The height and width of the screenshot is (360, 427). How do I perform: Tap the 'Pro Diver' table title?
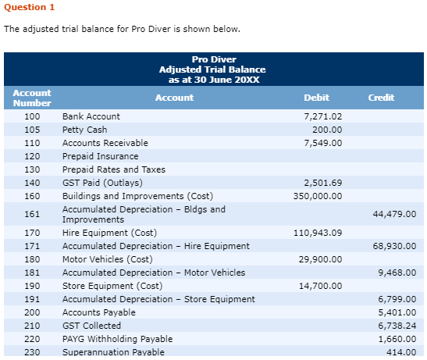tap(213, 60)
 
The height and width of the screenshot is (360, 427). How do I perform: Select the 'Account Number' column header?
tap(32, 98)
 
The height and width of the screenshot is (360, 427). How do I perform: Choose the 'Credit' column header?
tap(381, 98)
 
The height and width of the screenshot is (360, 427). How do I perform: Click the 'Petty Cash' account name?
tap(85, 130)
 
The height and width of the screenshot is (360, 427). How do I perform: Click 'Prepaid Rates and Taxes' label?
tap(114, 169)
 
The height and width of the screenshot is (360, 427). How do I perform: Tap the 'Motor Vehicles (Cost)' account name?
tap(107, 259)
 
